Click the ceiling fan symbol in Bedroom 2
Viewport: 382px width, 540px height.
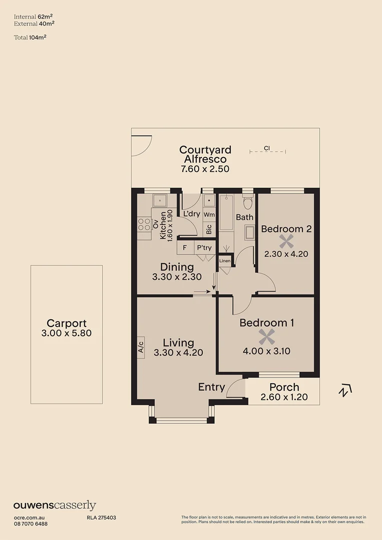(286, 242)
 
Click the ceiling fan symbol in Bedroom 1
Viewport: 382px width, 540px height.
(266, 337)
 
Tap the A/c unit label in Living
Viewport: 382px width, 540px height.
(141, 346)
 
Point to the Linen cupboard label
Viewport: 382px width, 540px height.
(225, 261)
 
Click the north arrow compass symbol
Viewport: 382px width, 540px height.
(345, 390)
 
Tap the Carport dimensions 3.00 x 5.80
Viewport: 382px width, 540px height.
(67, 333)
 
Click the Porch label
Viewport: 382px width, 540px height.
(284, 387)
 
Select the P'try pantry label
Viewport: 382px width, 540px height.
(204, 248)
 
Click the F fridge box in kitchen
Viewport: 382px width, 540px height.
(185, 248)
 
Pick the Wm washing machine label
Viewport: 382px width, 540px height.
(209, 214)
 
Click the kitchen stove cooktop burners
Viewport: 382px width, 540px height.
(144, 224)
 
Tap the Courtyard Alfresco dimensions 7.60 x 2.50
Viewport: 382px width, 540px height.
(205, 169)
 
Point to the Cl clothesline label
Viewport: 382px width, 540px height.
(267, 148)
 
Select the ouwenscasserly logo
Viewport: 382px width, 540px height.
(55, 505)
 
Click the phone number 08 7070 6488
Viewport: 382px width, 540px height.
(31, 523)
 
